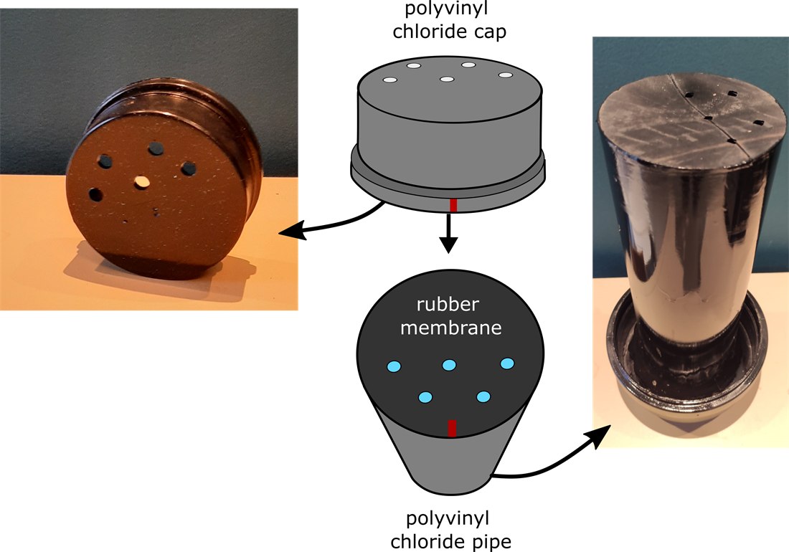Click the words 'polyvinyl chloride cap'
point(449,20)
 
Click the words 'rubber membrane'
point(451,316)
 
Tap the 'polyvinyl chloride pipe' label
point(450,530)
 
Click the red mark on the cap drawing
point(453,205)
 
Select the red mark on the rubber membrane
point(452,428)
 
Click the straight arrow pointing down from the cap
point(448,233)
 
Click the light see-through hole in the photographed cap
point(143,181)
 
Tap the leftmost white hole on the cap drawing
point(390,80)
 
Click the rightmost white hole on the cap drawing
point(506,75)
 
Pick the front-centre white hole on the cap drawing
point(447,79)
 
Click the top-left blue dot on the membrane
point(394,366)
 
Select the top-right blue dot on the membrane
point(507,363)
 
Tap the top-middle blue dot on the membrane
point(449,365)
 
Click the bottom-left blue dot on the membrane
point(425,398)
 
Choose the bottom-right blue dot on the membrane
point(483,397)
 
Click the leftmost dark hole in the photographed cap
point(95,194)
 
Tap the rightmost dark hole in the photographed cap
point(188,168)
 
